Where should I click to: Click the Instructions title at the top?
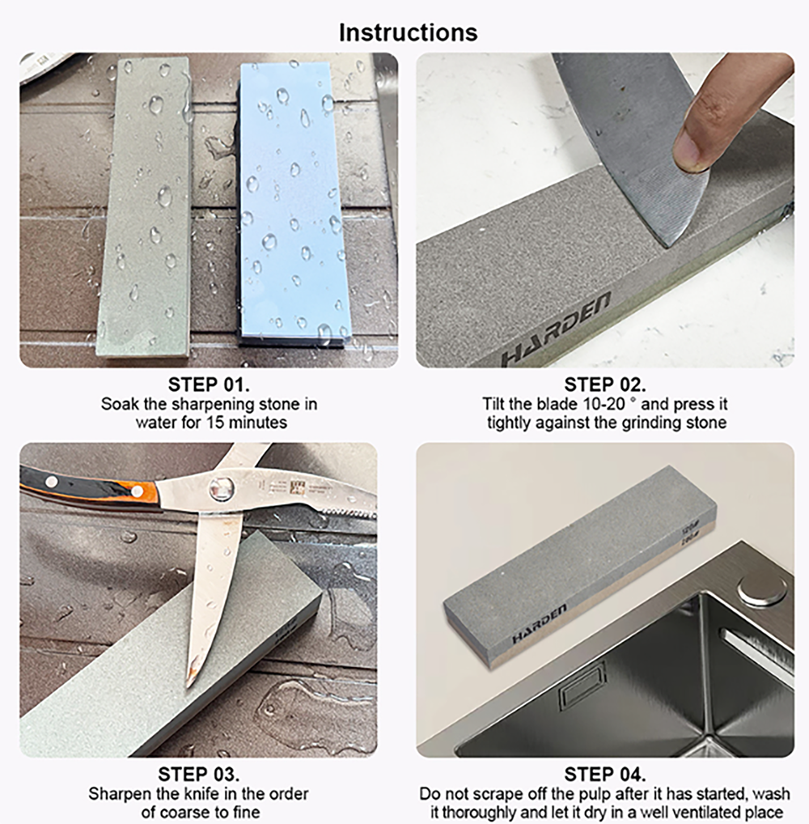[409, 32]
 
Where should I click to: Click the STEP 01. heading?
[209, 384]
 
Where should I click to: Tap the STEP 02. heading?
[604, 384]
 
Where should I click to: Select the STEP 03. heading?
[198, 774]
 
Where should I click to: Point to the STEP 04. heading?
[604, 774]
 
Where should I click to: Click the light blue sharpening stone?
[292, 202]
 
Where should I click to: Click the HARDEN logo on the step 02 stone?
[555, 329]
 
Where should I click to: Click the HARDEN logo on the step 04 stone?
[540, 624]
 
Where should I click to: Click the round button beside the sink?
[762, 592]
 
